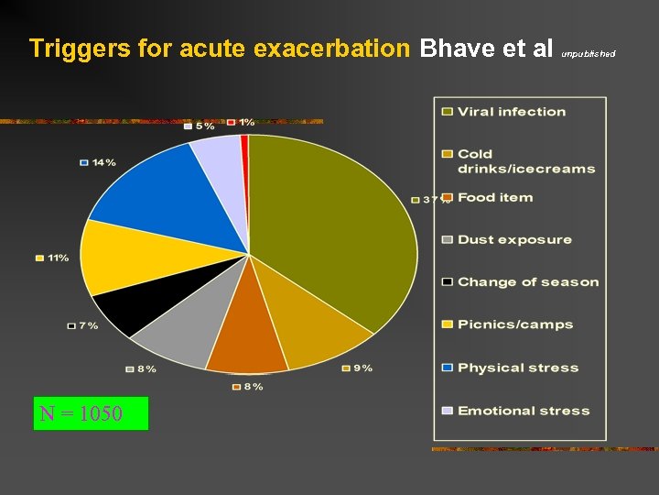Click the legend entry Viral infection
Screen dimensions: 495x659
(x=511, y=112)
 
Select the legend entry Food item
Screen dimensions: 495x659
(x=494, y=197)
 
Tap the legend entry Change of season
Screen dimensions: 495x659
(x=528, y=282)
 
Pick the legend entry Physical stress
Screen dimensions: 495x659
(x=518, y=368)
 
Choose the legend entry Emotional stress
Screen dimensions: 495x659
(x=524, y=411)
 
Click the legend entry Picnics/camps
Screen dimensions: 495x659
(x=515, y=324)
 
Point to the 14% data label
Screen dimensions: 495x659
(x=103, y=162)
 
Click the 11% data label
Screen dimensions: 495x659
(x=58, y=258)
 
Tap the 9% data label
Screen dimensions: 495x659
(x=362, y=368)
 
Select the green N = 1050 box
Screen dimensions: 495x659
(x=91, y=413)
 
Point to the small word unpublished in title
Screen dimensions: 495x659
(x=588, y=54)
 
